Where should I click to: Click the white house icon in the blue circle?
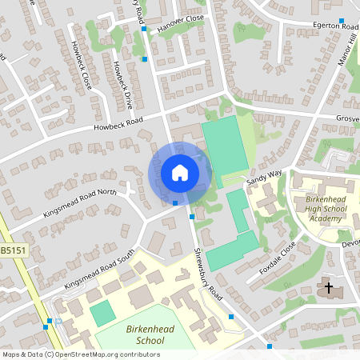coord(180,172)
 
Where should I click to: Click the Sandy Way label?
coord(265,178)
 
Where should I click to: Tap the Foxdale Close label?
coord(278,259)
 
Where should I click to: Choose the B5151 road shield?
coord(12,250)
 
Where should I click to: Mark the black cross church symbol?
coord(328,286)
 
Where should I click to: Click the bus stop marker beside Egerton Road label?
coord(342,21)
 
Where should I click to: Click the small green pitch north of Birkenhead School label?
coord(102,313)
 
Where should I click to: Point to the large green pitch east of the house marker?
coord(225,146)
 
